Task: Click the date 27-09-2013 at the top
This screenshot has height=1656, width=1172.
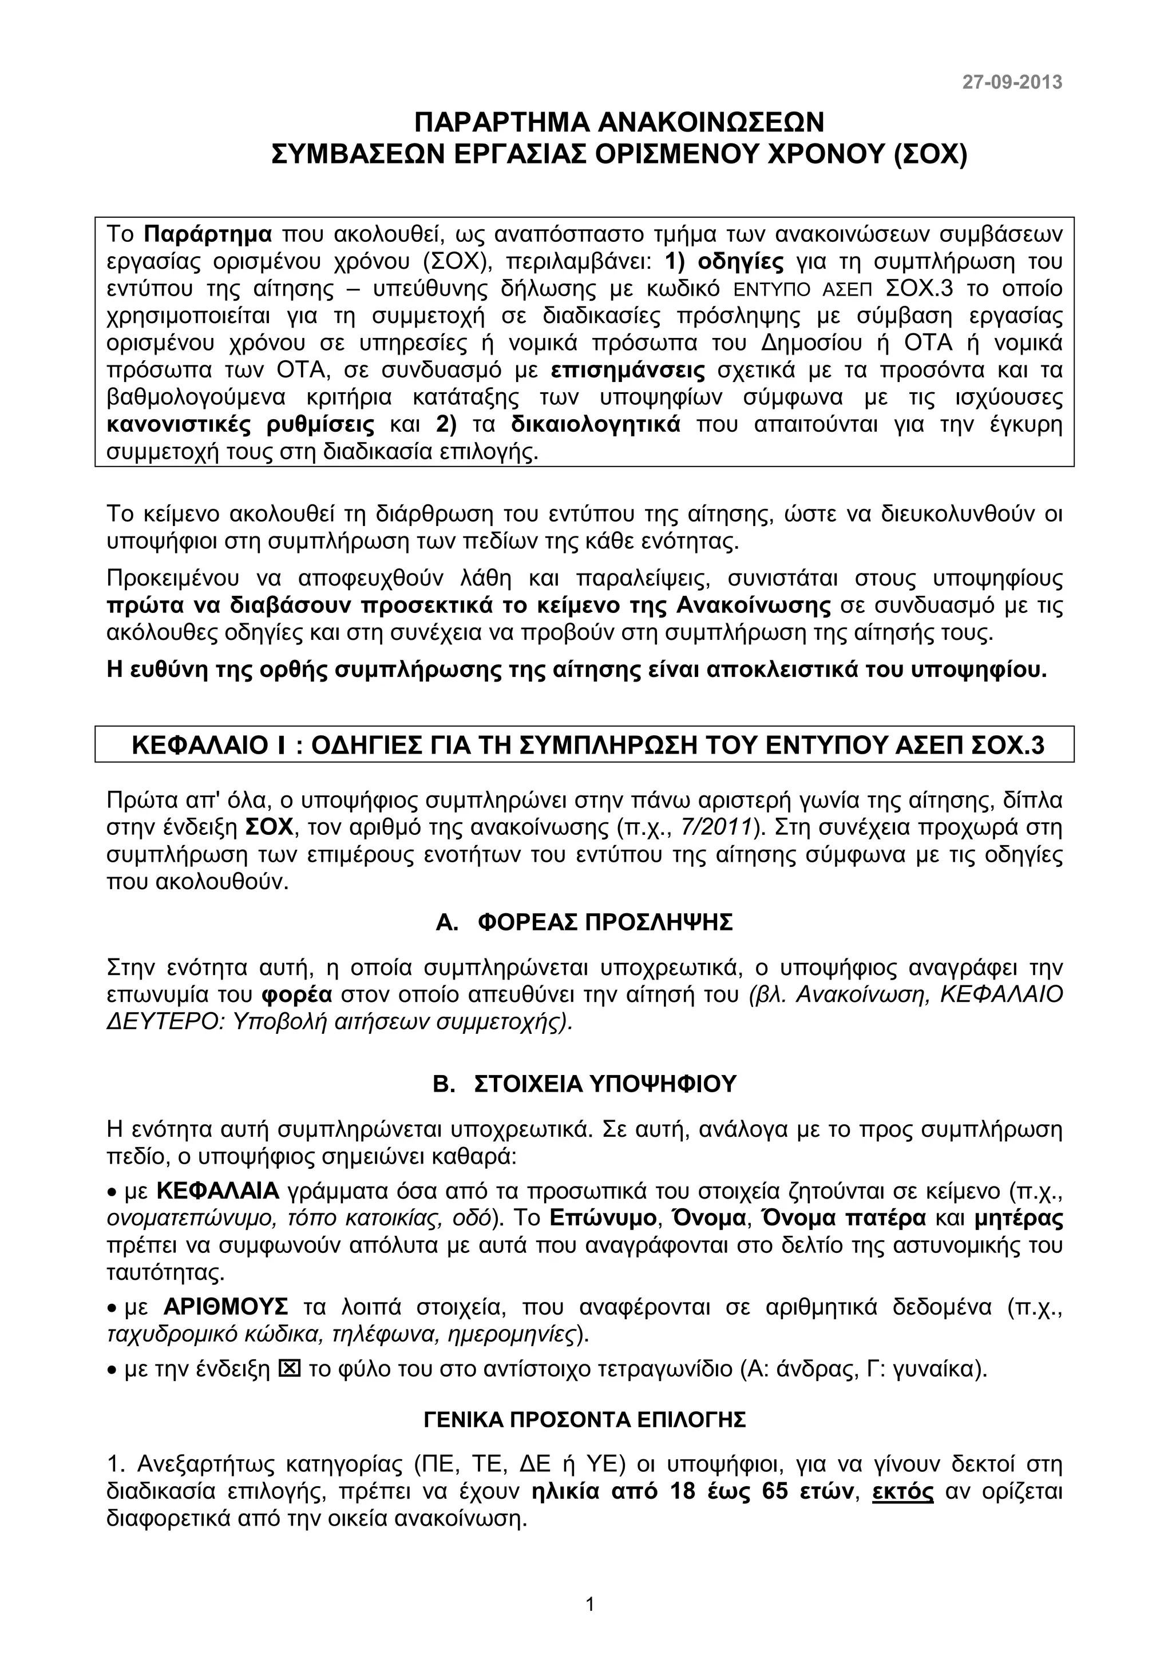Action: [1012, 82]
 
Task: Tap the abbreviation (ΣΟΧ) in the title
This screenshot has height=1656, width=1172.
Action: [929, 154]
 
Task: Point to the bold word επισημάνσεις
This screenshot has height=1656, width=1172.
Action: [627, 371]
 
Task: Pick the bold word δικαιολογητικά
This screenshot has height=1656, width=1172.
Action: [595, 425]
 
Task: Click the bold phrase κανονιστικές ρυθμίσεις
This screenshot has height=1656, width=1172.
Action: [240, 425]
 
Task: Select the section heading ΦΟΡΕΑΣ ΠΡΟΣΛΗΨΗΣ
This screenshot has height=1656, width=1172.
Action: [605, 922]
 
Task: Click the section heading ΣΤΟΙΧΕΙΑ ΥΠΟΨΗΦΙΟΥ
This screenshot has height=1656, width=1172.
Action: [605, 1084]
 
